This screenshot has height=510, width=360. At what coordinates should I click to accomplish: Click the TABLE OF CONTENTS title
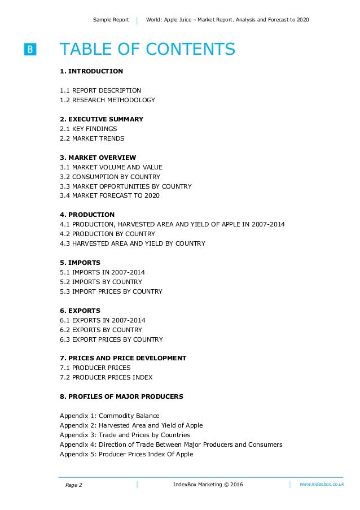pyautogui.click(x=147, y=50)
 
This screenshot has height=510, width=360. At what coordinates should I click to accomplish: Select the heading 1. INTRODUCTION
pyautogui.click(x=91, y=71)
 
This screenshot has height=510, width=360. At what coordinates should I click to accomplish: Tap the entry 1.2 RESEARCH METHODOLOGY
pyautogui.click(x=107, y=100)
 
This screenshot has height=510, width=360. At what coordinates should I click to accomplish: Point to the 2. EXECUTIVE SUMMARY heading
pyautogui.click(x=102, y=119)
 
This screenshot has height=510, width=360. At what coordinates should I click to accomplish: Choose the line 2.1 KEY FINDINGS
pyautogui.click(x=89, y=129)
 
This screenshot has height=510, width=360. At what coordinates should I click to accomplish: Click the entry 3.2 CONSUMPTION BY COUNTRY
pyautogui.click(x=110, y=177)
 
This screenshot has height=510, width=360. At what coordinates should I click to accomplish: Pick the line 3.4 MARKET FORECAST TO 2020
pyautogui.click(x=109, y=196)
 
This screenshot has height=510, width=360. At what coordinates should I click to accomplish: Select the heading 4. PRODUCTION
pyautogui.click(x=87, y=215)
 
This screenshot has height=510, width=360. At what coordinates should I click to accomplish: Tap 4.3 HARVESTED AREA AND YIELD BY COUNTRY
pyautogui.click(x=133, y=243)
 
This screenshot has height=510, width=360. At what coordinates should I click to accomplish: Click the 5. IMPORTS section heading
pyautogui.click(x=80, y=263)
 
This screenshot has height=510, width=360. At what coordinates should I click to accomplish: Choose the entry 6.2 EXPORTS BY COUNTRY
pyautogui.click(x=101, y=330)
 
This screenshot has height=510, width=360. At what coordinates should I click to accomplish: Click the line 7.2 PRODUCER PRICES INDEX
pyautogui.click(x=106, y=377)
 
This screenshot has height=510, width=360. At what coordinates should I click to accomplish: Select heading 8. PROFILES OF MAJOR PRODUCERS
pyautogui.click(x=121, y=396)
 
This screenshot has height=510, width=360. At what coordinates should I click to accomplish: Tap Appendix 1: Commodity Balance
pyautogui.click(x=109, y=416)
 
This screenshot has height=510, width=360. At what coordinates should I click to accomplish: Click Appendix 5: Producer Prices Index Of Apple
pyautogui.click(x=126, y=454)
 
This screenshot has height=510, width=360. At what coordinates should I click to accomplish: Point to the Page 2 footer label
pyautogui.click(x=73, y=485)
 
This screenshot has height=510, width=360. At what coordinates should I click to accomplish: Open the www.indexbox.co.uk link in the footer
pyautogui.click(x=321, y=484)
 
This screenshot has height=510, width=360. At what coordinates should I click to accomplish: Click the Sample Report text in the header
pyautogui.click(x=111, y=20)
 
